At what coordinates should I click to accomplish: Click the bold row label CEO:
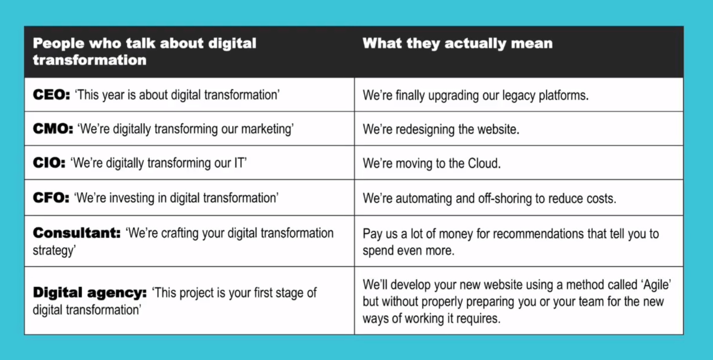(x=51, y=95)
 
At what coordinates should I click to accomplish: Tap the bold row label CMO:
(x=53, y=129)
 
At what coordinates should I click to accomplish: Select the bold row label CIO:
(x=49, y=163)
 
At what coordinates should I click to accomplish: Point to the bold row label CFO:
(x=51, y=198)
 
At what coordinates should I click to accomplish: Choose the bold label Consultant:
(x=77, y=233)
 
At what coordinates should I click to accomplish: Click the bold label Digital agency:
(x=90, y=293)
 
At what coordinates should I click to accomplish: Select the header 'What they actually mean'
(x=457, y=43)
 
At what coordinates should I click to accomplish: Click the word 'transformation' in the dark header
(x=90, y=60)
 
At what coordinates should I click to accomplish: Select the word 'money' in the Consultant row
(x=456, y=234)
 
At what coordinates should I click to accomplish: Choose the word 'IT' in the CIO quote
(x=240, y=163)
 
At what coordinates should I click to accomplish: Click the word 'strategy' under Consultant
(x=54, y=251)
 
